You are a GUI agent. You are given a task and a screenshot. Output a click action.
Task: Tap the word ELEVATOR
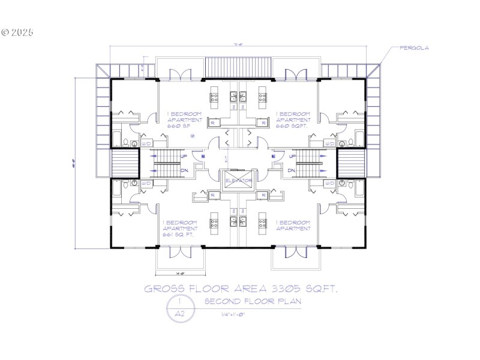[x=238, y=180]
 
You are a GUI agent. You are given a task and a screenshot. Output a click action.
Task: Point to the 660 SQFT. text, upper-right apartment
[x=292, y=127]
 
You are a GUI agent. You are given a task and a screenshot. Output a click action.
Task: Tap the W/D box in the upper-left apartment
[x=146, y=143]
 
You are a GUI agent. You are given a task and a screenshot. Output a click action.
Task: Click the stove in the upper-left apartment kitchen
[x=214, y=95]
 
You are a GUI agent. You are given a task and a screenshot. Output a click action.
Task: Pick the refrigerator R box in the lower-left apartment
[x=213, y=195]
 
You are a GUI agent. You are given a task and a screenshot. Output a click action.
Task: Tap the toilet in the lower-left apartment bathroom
[x=133, y=183]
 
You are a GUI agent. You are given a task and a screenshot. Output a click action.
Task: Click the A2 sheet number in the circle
[x=179, y=313]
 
